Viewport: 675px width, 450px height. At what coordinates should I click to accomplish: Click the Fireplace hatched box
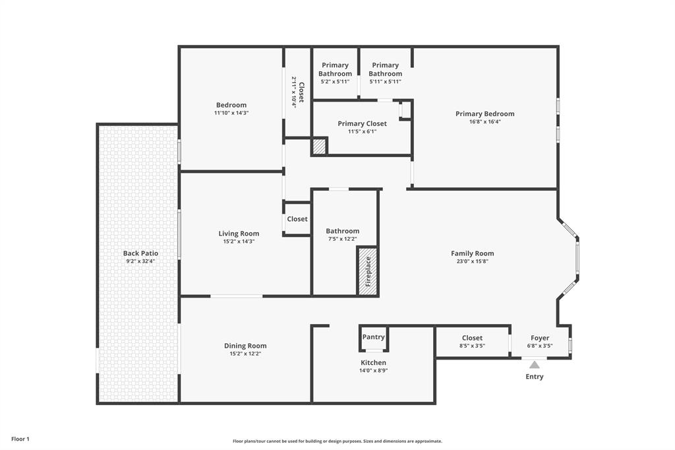(x=367, y=271)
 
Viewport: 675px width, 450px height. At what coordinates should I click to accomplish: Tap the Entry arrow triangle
(x=535, y=364)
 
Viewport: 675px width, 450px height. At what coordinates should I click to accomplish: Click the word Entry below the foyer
(x=535, y=377)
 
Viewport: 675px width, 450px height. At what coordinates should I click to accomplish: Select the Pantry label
(x=373, y=337)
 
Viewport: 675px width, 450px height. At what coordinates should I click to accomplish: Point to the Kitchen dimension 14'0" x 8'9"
(x=373, y=371)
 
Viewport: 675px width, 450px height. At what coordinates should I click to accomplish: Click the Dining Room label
(x=245, y=346)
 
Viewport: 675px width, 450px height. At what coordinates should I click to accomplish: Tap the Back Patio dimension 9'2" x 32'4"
(x=140, y=261)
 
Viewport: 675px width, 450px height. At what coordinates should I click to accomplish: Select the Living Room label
(x=239, y=234)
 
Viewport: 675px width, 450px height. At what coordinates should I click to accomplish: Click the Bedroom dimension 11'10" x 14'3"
(x=231, y=113)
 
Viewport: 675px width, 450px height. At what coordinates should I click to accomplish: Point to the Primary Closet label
(x=362, y=123)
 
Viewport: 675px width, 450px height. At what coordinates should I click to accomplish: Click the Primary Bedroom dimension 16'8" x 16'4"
(x=484, y=121)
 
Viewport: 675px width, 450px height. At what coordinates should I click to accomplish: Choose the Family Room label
(x=472, y=253)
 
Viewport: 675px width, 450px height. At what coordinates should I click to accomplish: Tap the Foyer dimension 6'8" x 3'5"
(x=539, y=346)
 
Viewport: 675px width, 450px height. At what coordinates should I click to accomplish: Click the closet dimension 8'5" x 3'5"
(x=472, y=346)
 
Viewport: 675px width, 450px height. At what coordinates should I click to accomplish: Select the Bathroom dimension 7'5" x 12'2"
(x=343, y=239)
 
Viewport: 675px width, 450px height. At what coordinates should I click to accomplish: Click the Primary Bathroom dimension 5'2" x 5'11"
(x=335, y=82)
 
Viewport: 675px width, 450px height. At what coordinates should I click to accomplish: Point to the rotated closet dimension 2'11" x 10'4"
(x=294, y=92)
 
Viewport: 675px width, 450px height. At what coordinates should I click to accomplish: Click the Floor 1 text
(x=20, y=439)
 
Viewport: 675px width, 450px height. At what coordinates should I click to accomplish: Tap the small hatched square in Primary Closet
(x=319, y=146)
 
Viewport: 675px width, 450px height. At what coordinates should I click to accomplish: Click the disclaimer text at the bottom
(x=337, y=441)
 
